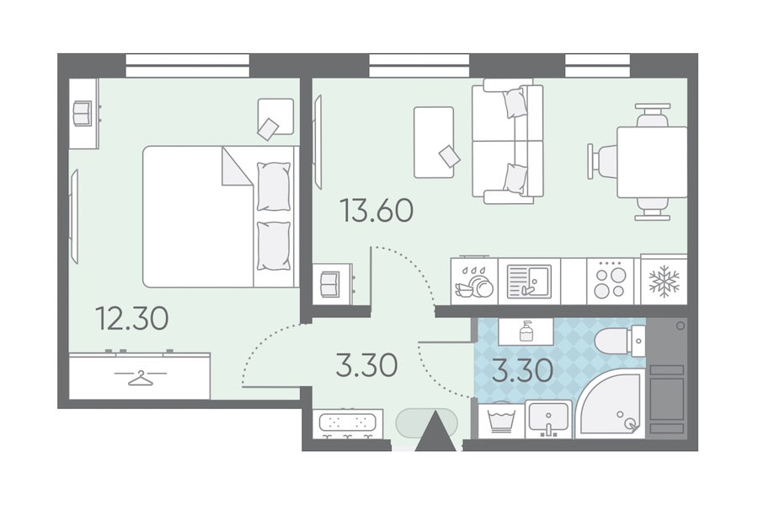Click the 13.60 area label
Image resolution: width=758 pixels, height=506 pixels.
377,211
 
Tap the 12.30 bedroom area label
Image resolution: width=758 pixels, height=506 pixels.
132,319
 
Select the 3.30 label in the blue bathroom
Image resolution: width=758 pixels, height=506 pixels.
522,371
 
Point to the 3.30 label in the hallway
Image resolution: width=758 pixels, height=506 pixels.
367,365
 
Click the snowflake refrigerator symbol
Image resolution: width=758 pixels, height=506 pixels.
664,281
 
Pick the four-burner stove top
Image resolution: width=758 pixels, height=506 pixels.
610,282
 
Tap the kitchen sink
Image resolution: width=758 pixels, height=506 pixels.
529,282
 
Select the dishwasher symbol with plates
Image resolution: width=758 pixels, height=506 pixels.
473,282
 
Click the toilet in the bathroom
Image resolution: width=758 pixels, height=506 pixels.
620,342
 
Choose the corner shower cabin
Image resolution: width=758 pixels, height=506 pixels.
610,404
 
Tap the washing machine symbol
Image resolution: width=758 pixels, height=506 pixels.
501,420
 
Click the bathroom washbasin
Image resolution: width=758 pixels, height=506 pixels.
548,419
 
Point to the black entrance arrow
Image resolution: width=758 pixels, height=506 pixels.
435,432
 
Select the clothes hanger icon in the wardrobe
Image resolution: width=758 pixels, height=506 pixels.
140,377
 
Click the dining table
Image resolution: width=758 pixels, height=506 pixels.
652,162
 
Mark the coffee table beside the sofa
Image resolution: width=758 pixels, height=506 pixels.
434,143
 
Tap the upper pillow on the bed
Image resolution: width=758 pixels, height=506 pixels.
274,186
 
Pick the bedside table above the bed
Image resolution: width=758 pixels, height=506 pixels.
275,116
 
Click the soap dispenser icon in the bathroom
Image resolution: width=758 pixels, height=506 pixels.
526,331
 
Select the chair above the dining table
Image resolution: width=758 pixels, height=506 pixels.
652,116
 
